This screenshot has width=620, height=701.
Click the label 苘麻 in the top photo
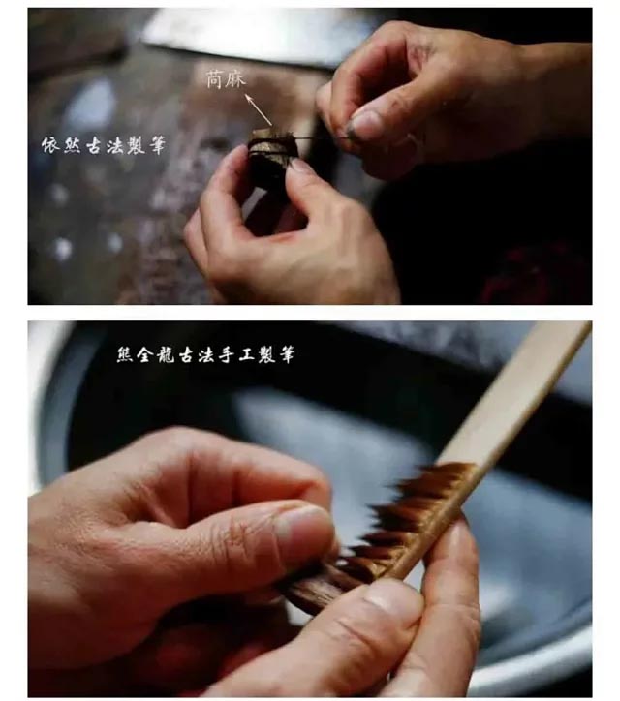tap(227, 79)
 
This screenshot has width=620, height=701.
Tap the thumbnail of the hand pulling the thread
tap(365, 124)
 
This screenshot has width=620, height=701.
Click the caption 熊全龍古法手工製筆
tap(204, 355)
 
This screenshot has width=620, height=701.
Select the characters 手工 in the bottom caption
tap(238, 355)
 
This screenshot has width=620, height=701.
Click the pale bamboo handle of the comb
tap(523, 397)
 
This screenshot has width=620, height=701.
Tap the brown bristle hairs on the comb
tap(407, 513)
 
